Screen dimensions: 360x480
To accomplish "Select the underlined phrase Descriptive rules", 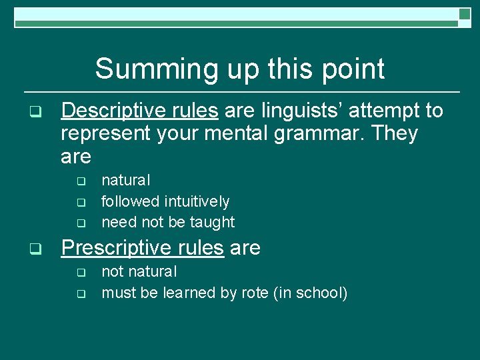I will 139,111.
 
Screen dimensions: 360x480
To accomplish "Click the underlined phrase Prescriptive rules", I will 142,248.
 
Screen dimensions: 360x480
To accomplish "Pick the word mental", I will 233,134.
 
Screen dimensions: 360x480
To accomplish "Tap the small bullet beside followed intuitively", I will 81,201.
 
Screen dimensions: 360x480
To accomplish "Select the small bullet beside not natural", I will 81,272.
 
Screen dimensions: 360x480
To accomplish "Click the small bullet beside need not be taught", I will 81,223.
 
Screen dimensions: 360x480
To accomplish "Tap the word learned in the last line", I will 183,293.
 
